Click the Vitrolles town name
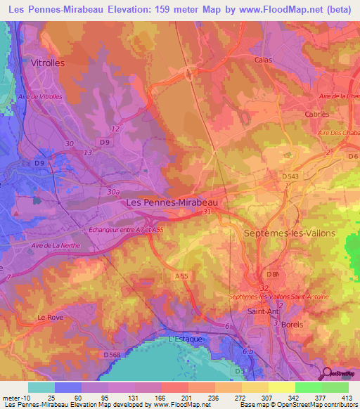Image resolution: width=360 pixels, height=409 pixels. pos(49,63)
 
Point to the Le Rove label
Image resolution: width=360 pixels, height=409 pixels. pos(51,318)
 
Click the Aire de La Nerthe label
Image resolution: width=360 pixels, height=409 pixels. pos(56,245)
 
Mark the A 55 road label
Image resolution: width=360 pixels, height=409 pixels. pos(180,277)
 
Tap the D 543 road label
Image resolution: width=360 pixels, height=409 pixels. pos(290,175)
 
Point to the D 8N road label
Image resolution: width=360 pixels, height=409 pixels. pos(273,274)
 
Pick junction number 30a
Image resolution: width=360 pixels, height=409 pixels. pos(114,190)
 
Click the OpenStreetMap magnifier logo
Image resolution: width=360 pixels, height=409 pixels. pos(326,373)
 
